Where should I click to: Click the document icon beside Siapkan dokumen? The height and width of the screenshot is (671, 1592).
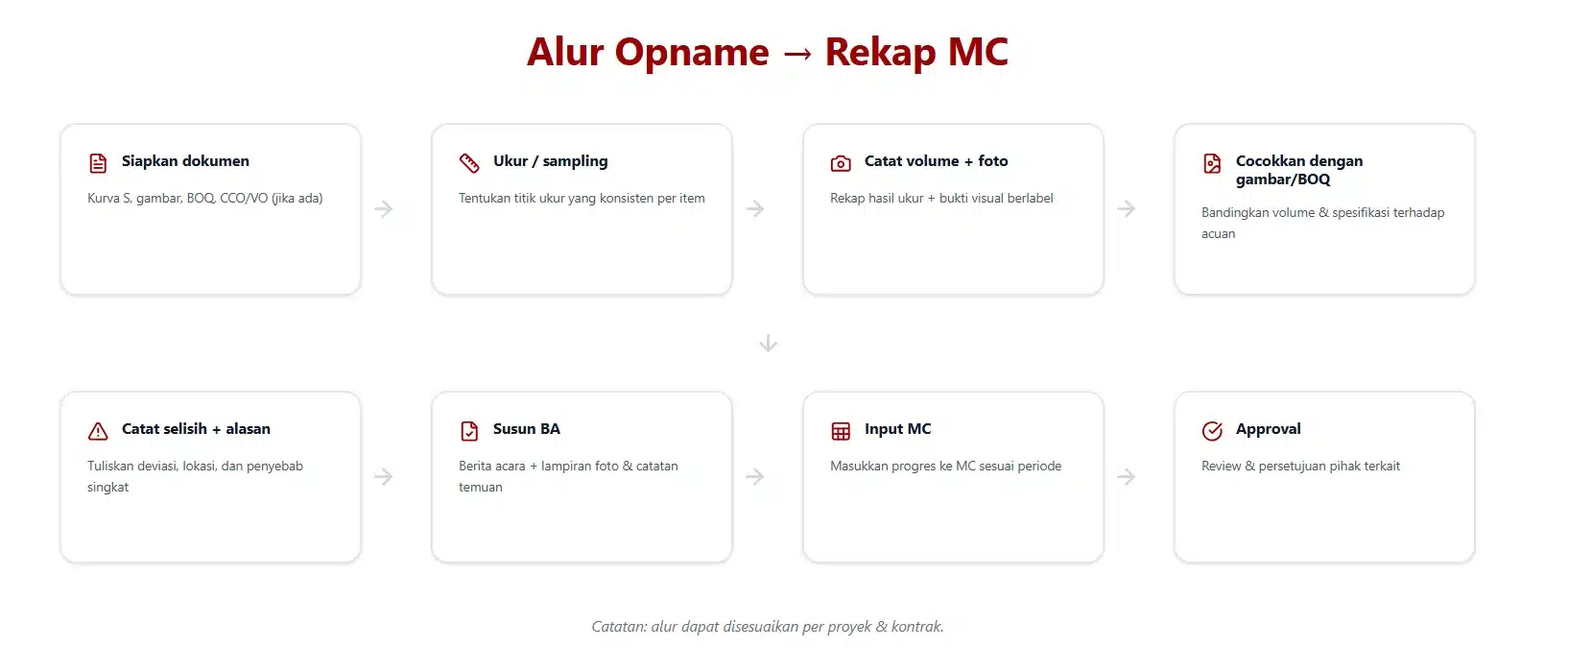[x=98, y=163]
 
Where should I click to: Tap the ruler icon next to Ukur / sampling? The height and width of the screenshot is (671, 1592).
[x=469, y=163]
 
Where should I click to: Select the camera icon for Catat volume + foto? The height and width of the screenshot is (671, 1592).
[x=841, y=163]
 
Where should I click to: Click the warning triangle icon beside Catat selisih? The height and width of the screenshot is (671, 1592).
[x=98, y=431]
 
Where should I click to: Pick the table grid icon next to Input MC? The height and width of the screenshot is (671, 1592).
[x=841, y=431]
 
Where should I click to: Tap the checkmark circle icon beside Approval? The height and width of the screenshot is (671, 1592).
[x=1212, y=431]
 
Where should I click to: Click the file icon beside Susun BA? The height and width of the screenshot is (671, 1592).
[x=469, y=431]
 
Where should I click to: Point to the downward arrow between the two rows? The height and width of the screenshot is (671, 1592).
[x=769, y=344]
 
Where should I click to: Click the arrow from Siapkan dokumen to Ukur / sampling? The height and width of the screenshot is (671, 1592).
[x=384, y=209]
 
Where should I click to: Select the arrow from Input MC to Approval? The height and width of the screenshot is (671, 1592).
[x=1126, y=476]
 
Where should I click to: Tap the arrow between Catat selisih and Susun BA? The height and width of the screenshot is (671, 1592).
[x=384, y=476]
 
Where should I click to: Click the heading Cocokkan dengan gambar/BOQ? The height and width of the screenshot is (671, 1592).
[x=1299, y=170]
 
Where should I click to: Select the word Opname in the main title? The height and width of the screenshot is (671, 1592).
[x=692, y=52]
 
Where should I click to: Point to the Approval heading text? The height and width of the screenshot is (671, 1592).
[x=1268, y=429]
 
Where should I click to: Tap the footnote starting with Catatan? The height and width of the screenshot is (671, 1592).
[x=768, y=626]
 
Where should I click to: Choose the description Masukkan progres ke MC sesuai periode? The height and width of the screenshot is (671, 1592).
[x=946, y=467]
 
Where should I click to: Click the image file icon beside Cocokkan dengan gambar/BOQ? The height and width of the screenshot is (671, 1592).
[x=1212, y=163]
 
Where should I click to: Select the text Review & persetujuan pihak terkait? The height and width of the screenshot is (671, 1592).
[x=1300, y=467]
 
